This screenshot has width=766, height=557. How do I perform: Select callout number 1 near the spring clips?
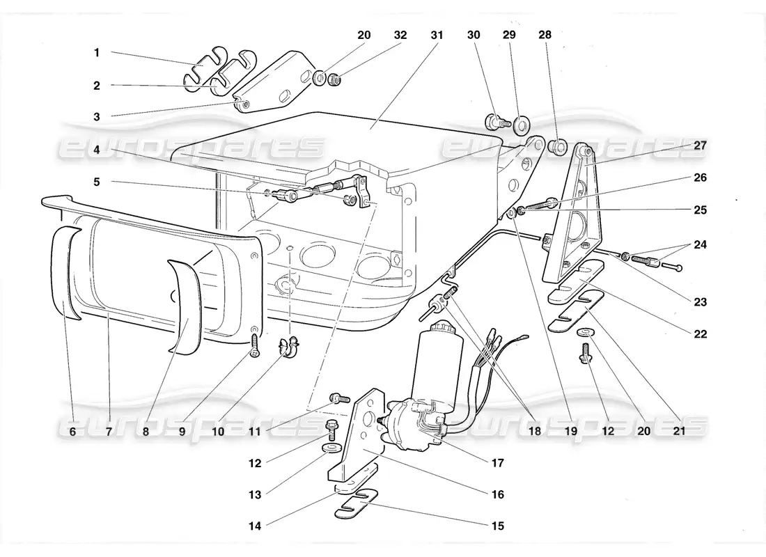(x=97, y=52)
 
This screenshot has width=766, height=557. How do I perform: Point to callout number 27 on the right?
(x=700, y=146)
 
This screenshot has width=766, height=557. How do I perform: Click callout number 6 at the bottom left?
(x=72, y=431)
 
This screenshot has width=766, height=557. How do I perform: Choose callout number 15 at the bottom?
(x=498, y=526)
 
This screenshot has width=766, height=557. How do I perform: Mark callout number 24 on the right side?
(x=701, y=244)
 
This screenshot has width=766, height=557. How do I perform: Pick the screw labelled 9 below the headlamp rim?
(x=256, y=343)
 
